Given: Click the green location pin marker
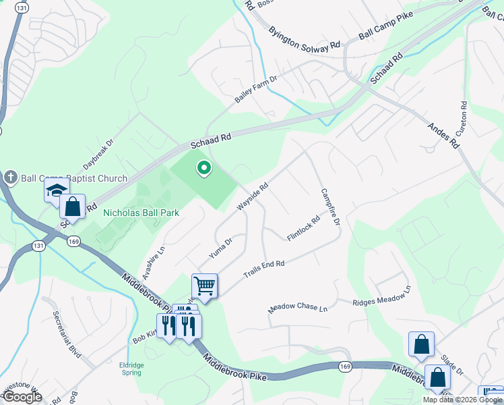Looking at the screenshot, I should [x=203, y=168].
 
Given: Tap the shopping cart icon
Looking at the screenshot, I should [x=205, y=286].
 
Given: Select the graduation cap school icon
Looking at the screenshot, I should [x=57, y=190].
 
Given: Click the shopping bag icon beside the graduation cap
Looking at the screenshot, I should [x=73, y=206].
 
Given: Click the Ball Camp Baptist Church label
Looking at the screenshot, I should [x=74, y=179].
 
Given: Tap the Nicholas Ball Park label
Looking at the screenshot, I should [x=141, y=213].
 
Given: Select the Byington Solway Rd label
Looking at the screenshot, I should [x=304, y=39].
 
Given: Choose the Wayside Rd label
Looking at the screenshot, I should [x=253, y=196].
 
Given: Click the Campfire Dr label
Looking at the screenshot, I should [x=329, y=207].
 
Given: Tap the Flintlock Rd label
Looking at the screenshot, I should [x=303, y=229].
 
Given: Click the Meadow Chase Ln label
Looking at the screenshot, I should [x=297, y=308].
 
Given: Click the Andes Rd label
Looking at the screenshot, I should [x=445, y=137].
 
